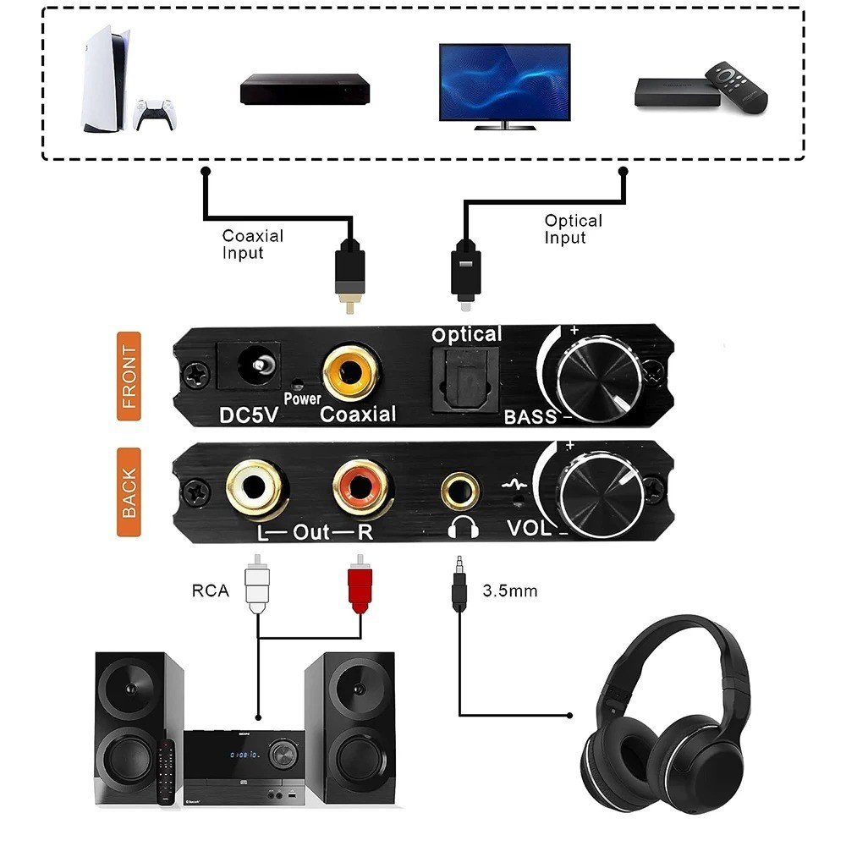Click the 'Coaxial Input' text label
click(252, 244)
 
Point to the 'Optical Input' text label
click(573, 228)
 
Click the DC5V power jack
click(252, 370)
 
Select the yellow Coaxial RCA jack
click(349, 372)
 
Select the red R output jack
click(361, 486)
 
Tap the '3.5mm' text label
click(509, 591)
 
